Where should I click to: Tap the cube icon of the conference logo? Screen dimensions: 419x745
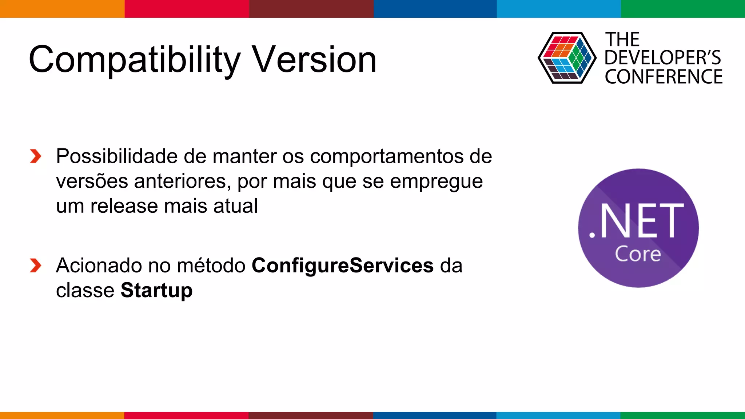coord(567,58)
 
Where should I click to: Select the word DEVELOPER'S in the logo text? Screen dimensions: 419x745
coord(662,58)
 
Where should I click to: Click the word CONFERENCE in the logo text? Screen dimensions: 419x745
coord(664,77)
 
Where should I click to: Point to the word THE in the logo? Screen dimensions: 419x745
coord(622,39)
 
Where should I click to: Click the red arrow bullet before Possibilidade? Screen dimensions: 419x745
coord(35,156)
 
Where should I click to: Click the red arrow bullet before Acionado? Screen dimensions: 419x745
coord(35,266)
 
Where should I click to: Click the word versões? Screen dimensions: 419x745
coord(92,181)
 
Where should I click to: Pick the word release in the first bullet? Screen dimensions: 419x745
coord(124,206)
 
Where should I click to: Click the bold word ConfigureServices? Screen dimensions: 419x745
coord(342,266)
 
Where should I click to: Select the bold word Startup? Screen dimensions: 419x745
coord(156,291)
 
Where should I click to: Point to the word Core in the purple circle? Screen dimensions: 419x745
coord(638,254)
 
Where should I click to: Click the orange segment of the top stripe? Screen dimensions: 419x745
coord(62,9)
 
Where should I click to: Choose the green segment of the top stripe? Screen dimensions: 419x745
coord(683,9)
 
